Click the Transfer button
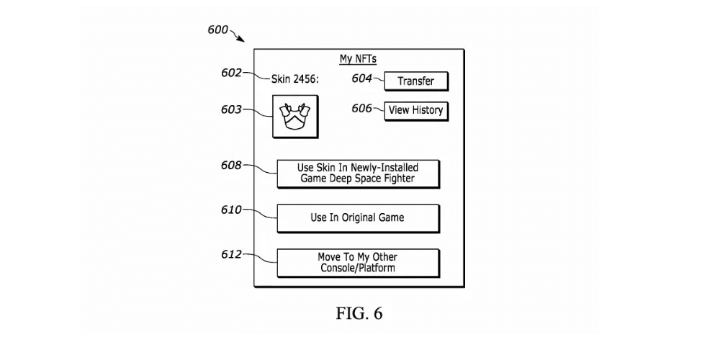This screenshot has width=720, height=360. pyautogui.click(x=416, y=81)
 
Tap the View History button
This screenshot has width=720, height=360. pyautogui.click(x=415, y=111)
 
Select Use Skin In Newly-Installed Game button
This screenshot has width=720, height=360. pyautogui.click(x=358, y=173)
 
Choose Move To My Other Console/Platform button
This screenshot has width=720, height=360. pyautogui.click(x=358, y=262)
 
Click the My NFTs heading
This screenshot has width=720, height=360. pyautogui.click(x=358, y=59)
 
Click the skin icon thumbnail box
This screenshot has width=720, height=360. pyautogui.click(x=294, y=117)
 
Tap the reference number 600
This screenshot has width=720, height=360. pyautogui.click(x=217, y=30)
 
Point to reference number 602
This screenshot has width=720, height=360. pyautogui.click(x=232, y=73)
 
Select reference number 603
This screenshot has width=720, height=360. pyautogui.click(x=232, y=109)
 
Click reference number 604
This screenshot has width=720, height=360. pyautogui.click(x=361, y=78)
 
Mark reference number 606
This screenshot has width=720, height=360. pyautogui.click(x=361, y=108)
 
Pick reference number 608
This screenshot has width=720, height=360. pyautogui.click(x=232, y=165)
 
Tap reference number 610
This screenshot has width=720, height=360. pyautogui.click(x=232, y=210)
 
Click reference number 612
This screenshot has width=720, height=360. pyautogui.click(x=232, y=254)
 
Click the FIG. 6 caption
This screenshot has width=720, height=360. pyautogui.click(x=359, y=314)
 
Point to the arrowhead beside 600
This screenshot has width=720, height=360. pyautogui.click(x=240, y=40)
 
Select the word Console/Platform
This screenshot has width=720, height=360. pyautogui.click(x=358, y=268)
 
